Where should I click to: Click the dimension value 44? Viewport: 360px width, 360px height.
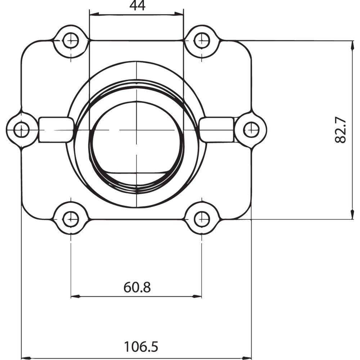pos(137,6)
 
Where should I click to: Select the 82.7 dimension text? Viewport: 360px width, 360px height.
pos(341,130)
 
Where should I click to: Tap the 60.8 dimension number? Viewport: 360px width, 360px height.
pos(137,287)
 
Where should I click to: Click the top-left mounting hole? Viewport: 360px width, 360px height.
pos(71,40)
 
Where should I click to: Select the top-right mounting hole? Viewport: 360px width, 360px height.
pos(202,40)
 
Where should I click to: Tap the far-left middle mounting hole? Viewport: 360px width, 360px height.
pos(22,130)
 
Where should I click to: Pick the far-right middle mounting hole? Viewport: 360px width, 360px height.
pos(251,130)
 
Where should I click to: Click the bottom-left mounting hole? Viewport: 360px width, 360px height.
pos(71,219)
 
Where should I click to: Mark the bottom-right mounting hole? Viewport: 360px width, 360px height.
pos(202,219)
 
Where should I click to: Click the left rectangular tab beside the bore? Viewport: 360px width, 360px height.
pos(56,130)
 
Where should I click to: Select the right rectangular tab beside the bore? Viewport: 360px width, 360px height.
pos(217,130)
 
